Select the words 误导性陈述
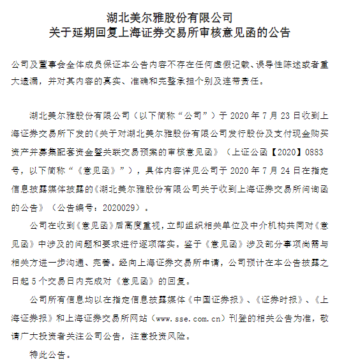pyautogui.click(x=275, y=66)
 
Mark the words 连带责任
pyautogui.click(x=236, y=82)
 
